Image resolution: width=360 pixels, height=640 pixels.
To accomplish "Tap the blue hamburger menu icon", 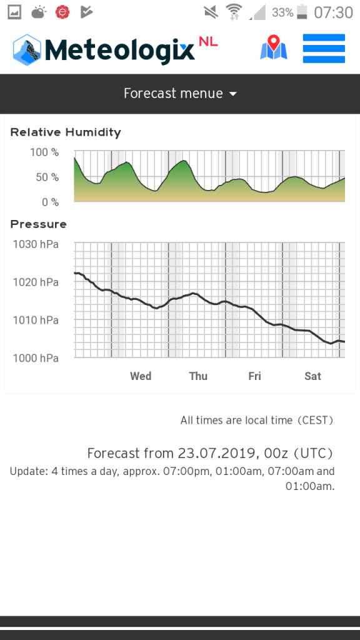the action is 324,49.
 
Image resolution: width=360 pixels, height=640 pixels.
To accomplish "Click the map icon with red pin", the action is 274,47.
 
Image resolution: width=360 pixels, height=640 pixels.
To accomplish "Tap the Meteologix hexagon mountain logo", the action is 27,50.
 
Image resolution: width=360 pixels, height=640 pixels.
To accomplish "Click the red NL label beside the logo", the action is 208,42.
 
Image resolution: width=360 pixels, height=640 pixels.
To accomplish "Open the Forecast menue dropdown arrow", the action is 232,94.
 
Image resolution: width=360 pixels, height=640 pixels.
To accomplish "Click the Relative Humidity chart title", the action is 66,132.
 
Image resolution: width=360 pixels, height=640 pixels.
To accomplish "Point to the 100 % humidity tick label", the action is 44,152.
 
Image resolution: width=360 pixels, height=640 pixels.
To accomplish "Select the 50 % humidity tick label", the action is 47,177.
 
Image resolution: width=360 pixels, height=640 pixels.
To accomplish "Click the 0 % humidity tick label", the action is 50,202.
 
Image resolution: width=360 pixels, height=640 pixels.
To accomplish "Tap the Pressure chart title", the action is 38,224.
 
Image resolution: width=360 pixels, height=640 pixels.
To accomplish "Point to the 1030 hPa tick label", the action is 36,244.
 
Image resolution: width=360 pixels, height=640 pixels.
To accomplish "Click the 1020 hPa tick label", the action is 36,282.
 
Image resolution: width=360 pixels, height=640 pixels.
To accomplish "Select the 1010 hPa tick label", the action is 36,320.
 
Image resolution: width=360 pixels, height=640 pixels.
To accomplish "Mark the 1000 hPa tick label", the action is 36,358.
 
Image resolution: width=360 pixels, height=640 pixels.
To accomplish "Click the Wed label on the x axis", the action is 141,376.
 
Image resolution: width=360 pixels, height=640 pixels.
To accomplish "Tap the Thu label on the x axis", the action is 198,376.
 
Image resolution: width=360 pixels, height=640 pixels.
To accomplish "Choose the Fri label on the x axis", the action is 255,376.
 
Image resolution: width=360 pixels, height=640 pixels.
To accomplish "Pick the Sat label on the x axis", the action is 313,376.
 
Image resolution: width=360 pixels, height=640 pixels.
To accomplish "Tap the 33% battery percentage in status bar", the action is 282,12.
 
